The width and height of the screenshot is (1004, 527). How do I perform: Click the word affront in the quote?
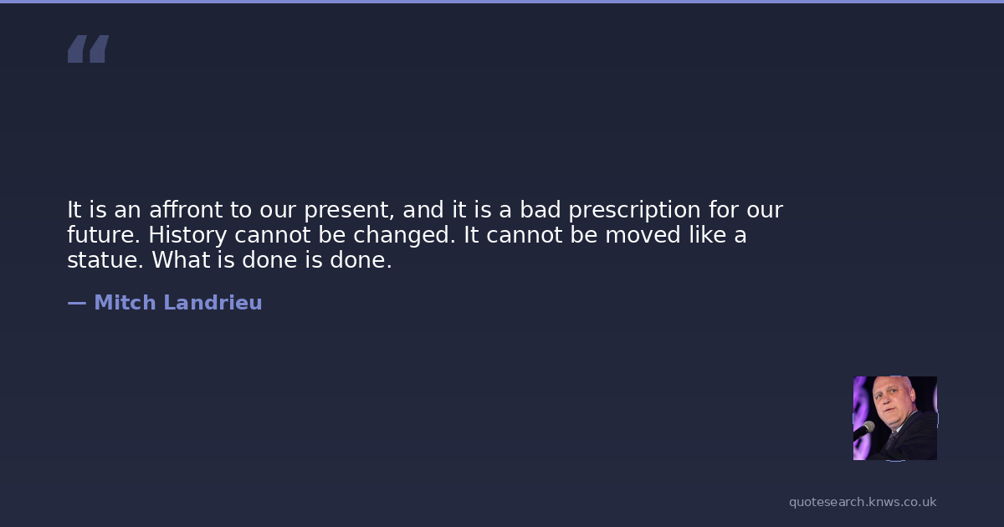pyautogui.click(x=186, y=210)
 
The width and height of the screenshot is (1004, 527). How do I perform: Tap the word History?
pyautogui.click(x=187, y=236)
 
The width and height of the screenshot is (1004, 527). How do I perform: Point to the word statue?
pyautogui.click(x=105, y=260)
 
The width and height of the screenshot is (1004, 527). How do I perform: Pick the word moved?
pyautogui.click(x=643, y=235)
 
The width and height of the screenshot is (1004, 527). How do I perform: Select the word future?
pyautogui.click(x=104, y=235)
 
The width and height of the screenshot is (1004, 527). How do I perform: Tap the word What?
pyautogui.click(x=181, y=260)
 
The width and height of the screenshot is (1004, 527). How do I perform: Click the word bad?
pyautogui.click(x=540, y=210)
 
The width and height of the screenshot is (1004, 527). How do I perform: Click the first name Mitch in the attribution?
pyautogui.click(x=125, y=303)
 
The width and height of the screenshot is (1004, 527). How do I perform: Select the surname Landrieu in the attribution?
pyautogui.click(x=213, y=303)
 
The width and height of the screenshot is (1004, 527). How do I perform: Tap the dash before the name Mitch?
pyautogui.click(x=77, y=304)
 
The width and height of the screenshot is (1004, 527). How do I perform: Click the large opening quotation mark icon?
pyautogui.click(x=89, y=49)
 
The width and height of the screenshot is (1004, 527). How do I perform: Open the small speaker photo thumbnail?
pyautogui.click(x=895, y=418)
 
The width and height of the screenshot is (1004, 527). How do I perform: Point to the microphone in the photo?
pyautogui.click(x=865, y=429)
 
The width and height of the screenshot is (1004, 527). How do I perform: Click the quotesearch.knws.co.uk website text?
pyautogui.click(x=863, y=503)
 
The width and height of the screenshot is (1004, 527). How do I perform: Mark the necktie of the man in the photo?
pyautogui.click(x=891, y=440)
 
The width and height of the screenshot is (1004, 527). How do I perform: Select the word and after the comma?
pyautogui.click(x=423, y=210)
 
